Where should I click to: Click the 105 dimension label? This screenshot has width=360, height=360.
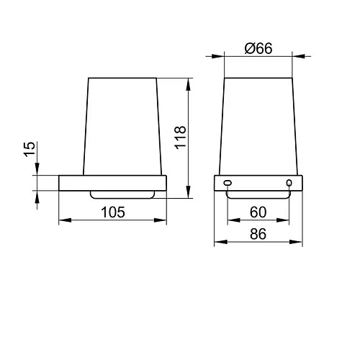(x=113, y=212)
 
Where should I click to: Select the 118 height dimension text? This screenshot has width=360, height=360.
(x=181, y=138)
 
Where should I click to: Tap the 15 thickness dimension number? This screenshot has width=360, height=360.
(x=30, y=149)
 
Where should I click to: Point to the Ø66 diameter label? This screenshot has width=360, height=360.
(x=258, y=48)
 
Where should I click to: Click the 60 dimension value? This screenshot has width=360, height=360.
(x=258, y=212)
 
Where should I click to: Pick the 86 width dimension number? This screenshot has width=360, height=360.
(x=258, y=234)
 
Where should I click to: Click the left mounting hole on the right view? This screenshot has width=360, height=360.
(x=228, y=183)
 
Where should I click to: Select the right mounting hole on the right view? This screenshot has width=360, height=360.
(x=289, y=183)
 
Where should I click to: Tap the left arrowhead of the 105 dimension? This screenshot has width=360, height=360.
(x=65, y=220)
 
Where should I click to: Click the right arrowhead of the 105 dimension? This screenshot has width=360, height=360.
(x=161, y=220)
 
